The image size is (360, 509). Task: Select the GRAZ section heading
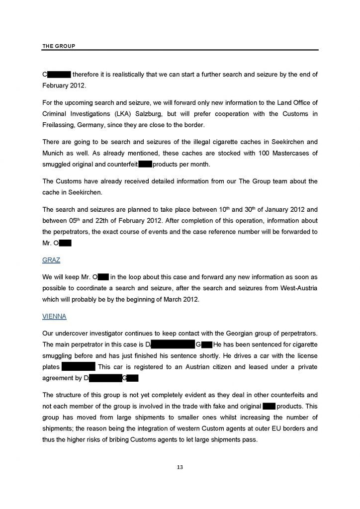click(52, 260)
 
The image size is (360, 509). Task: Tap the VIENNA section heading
click(55, 316)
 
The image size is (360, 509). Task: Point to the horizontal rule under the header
click(180, 50)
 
